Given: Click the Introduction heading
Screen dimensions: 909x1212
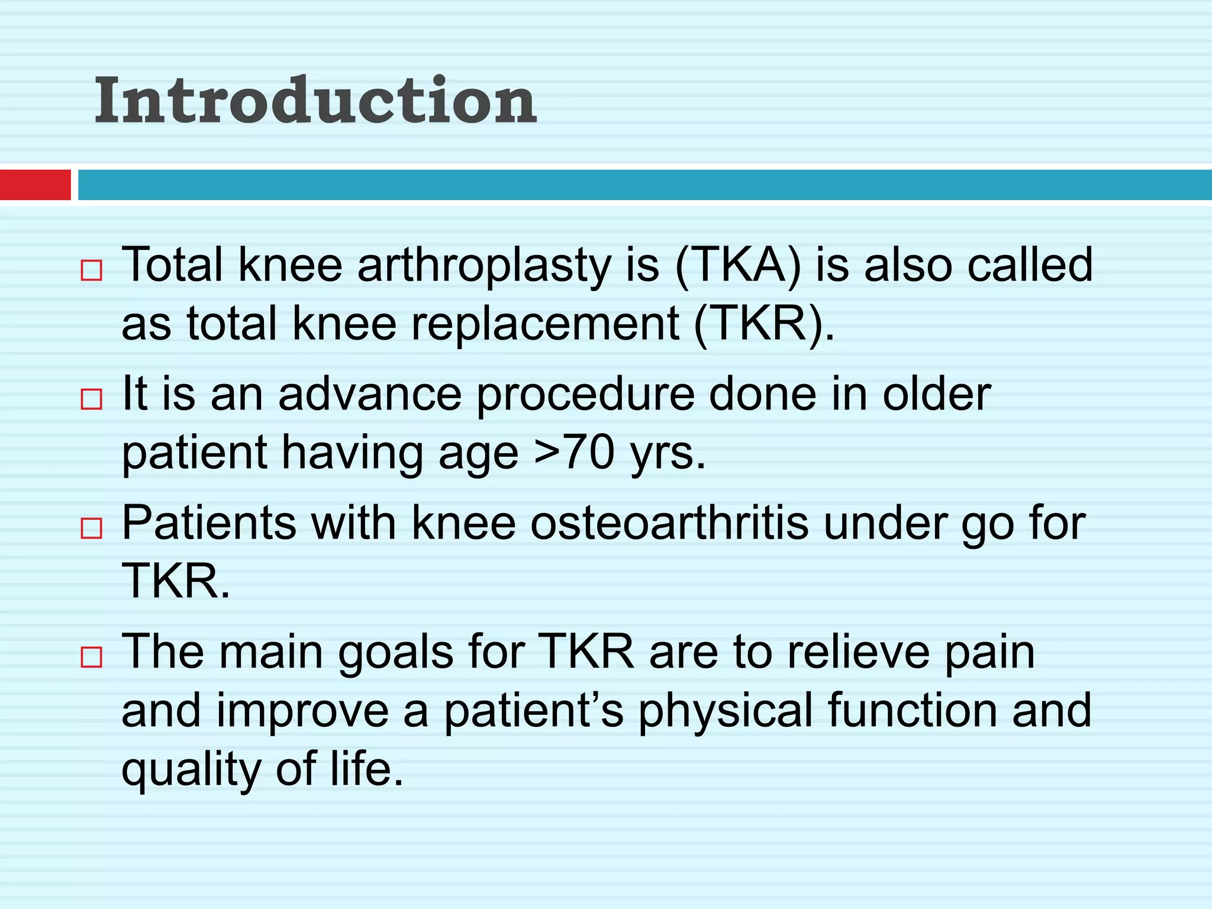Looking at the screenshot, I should (x=315, y=101).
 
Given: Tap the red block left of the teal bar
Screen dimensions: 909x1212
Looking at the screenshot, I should (x=35, y=185).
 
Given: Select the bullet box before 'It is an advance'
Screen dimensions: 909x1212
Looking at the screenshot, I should (x=92, y=399).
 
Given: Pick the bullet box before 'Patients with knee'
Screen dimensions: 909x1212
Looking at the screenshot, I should (x=92, y=528).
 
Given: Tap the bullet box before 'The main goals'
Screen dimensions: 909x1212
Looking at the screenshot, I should (x=92, y=657).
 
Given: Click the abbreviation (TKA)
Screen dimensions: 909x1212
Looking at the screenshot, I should (x=738, y=265).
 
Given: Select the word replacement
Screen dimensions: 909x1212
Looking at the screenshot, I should (x=545, y=324).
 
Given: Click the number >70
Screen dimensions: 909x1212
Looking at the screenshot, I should (x=574, y=453).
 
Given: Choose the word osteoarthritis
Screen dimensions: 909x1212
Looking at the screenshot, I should (x=669, y=523).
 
